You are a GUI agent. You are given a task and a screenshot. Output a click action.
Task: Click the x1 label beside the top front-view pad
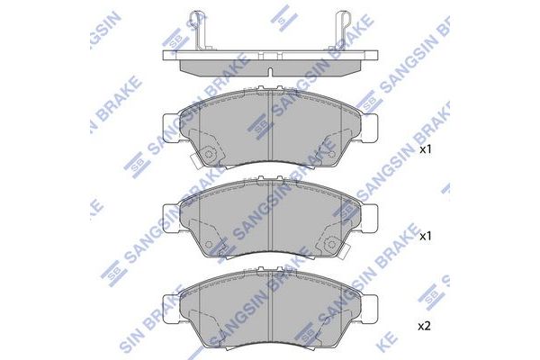point(425,149)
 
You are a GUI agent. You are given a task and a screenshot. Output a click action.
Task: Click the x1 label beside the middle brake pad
point(425,237)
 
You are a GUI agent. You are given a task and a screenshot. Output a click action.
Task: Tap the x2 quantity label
point(424,326)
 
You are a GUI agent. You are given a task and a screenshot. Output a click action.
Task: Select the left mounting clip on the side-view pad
point(200,30)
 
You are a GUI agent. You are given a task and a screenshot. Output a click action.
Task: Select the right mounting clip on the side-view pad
point(340,30)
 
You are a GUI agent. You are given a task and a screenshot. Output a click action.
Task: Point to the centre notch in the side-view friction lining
point(270,72)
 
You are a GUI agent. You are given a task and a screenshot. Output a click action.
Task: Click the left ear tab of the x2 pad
point(171,309)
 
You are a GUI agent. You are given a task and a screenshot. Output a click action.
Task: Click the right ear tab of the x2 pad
point(369,309)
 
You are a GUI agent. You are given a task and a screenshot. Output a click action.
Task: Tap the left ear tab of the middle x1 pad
point(171,219)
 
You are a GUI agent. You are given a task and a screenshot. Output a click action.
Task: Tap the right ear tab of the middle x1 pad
point(369,219)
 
